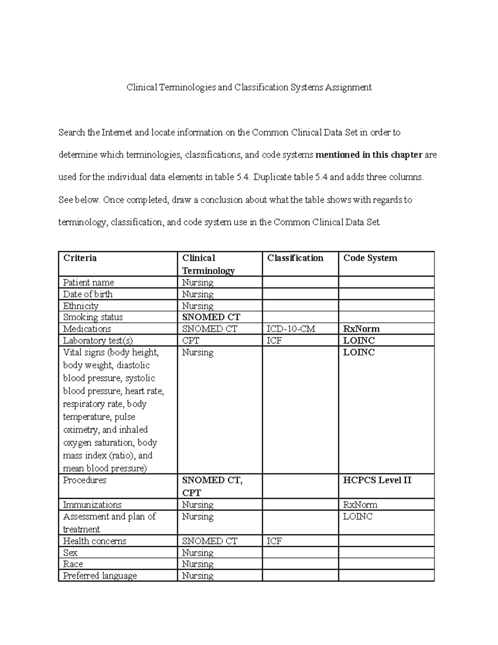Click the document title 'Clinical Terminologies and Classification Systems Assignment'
(x=249, y=88)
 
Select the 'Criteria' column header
(x=80, y=258)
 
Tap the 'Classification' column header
(x=295, y=258)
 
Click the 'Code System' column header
(x=370, y=258)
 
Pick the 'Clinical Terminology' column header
(x=208, y=265)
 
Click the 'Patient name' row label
(x=88, y=282)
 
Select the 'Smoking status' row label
(x=93, y=317)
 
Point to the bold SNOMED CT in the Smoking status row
(x=211, y=317)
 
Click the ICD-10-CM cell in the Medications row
(x=291, y=329)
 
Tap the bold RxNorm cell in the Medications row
(x=361, y=329)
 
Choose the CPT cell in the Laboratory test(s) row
(x=190, y=341)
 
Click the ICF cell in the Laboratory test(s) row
(x=274, y=341)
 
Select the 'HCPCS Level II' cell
(x=377, y=480)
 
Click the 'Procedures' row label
(x=85, y=480)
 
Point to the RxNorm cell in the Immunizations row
(x=360, y=505)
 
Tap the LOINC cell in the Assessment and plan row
(x=358, y=517)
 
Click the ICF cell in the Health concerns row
(x=274, y=541)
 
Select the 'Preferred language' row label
(x=100, y=576)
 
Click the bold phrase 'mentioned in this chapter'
(x=369, y=155)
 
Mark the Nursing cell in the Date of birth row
(x=198, y=294)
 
